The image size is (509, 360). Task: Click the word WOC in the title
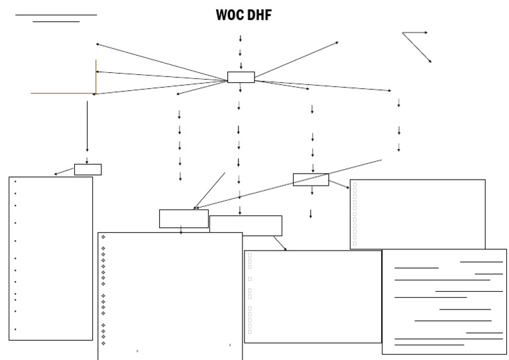pos(230,15)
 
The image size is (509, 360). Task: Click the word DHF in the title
pos(259,15)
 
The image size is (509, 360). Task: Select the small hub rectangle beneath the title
pos(241,77)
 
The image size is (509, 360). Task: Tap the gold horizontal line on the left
pos(63,93)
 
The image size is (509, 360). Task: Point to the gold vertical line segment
pos(96,76)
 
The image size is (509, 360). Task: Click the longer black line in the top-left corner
pos(56,15)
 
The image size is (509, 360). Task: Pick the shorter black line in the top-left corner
pos(56,22)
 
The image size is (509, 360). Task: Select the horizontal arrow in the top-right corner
pos(415,32)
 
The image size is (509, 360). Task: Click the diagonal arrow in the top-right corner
pos(418,48)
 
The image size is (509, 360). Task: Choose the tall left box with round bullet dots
pos(50,259)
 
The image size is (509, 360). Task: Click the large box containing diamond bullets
pos(170,296)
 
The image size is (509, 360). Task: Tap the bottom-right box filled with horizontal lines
pos(444,302)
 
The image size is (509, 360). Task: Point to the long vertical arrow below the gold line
pos(87,126)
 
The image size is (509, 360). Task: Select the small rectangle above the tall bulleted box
pos(87,170)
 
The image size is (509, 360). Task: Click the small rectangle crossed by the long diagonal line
pos(311,180)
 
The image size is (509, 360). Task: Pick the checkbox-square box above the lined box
pos(418,213)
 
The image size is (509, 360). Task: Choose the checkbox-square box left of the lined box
pos(313,296)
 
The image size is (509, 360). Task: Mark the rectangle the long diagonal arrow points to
pos(184,219)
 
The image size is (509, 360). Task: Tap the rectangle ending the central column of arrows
pos(246,225)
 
